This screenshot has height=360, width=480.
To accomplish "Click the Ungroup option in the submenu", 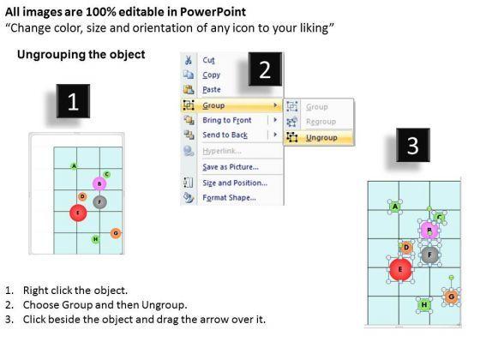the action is tap(321, 138).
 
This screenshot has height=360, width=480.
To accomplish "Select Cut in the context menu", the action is tap(208, 60).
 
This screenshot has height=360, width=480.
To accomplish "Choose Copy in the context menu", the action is tap(211, 75).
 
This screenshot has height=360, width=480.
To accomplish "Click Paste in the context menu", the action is tap(212, 90).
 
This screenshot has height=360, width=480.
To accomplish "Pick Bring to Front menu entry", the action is tap(227, 120).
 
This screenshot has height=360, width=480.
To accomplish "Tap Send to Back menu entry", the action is tap(225, 135).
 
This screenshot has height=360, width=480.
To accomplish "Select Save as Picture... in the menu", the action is tap(231, 167).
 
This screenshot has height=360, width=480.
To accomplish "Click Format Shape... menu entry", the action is tap(230, 197).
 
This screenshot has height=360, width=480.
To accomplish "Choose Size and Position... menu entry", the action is tap(235, 183).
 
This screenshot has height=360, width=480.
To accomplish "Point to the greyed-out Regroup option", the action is tap(321, 122).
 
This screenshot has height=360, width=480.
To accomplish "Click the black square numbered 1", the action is tap(73, 101).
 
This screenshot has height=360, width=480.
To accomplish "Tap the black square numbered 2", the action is tap(265, 69).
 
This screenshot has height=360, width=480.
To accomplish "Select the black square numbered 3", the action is tap(413, 145).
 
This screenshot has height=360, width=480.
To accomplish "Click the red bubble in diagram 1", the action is tap(78, 213).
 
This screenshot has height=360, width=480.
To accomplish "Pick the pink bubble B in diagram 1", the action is tap(99, 183).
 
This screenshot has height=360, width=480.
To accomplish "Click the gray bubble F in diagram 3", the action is tap(429, 255).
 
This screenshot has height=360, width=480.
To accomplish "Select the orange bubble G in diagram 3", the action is tap(451, 297).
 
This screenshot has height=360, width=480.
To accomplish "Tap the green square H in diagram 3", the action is tap(424, 304).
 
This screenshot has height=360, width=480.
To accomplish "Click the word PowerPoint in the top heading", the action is tap(213, 12).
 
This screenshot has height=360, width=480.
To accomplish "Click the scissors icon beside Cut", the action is tap(189, 60).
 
